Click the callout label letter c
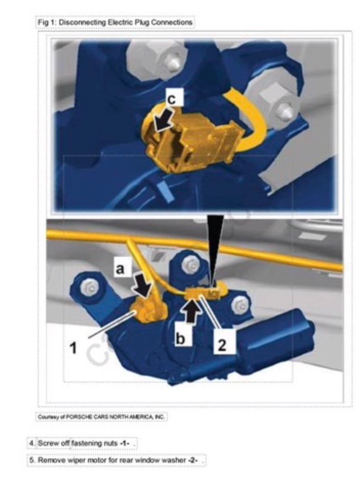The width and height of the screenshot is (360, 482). [172, 99]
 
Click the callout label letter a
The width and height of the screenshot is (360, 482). [120, 268]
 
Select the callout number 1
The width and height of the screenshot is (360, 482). [73, 348]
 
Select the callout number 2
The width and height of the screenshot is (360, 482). [222, 344]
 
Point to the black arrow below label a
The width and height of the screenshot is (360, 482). [142, 287]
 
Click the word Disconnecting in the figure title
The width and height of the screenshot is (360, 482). [82, 23]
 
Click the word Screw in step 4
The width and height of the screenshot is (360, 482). [46, 443]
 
